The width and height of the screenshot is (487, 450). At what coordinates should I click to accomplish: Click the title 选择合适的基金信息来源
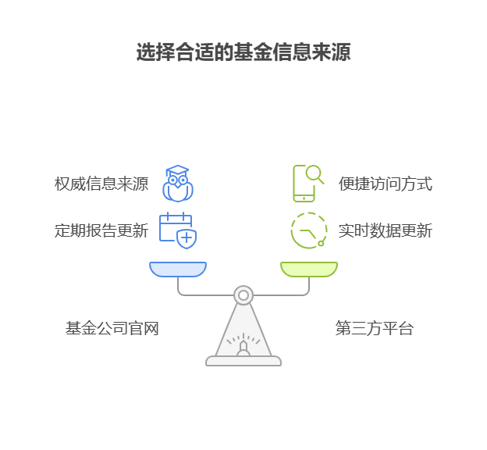[243, 52]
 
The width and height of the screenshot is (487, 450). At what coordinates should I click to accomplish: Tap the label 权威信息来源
[101, 184]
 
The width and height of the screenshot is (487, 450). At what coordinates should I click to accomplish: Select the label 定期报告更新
[101, 230]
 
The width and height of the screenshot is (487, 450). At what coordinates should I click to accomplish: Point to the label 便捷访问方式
[385, 184]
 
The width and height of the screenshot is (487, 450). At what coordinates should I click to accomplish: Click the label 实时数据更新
[385, 230]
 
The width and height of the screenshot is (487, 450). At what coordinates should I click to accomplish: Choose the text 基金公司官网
[112, 329]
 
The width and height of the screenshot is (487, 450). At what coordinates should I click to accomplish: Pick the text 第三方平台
[375, 329]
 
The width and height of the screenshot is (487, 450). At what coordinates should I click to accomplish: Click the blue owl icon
[178, 185]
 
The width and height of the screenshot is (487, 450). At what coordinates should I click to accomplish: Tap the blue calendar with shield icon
[177, 230]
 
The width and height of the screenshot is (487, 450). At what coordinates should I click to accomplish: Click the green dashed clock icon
[308, 230]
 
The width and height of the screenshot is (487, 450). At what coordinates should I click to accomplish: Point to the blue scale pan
[178, 270]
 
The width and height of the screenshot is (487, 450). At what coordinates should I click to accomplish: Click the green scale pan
[309, 270]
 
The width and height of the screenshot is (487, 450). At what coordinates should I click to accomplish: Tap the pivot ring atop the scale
[243, 295]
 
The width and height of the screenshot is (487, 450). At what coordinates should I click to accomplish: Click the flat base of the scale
[243, 361]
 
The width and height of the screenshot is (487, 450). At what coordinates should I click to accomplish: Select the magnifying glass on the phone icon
[315, 173]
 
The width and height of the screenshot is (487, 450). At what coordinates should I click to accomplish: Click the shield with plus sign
[187, 238]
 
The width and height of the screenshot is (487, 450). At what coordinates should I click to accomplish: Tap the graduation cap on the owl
[178, 171]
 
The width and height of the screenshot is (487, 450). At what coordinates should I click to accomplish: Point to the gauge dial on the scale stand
[243, 343]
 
